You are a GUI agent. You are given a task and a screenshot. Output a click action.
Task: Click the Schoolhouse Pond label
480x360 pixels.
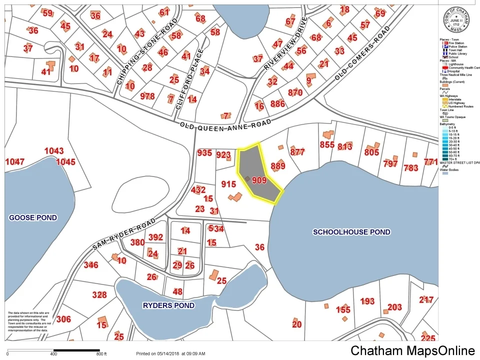(x=351, y=232)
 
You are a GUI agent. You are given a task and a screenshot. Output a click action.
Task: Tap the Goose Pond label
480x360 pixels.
(x=33, y=217)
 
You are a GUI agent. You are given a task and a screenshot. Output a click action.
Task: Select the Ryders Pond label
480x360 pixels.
(x=169, y=305)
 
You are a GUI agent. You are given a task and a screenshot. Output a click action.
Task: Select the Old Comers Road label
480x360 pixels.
(x=362, y=54)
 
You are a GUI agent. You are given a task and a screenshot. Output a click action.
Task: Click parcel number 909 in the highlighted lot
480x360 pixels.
(x=259, y=180)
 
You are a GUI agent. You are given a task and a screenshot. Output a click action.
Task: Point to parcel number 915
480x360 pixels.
(x=228, y=184)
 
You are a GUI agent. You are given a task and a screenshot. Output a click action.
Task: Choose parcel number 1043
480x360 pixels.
(x=54, y=151)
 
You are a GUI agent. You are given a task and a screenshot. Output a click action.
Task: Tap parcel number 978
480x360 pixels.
(x=147, y=96)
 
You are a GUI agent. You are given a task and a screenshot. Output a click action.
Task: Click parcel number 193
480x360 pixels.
(x=367, y=301)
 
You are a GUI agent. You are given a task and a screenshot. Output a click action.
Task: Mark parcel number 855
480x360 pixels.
(x=327, y=145)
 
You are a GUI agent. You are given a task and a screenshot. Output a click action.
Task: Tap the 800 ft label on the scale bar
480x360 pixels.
(x=102, y=354)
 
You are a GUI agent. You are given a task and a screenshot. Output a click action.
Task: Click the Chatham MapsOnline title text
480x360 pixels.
(x=413, y=350)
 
